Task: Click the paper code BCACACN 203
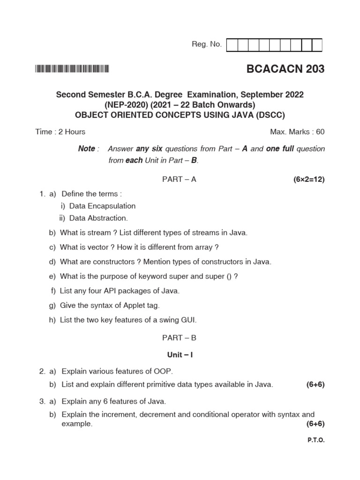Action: coord(285,69)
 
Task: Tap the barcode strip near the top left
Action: coord(72,69)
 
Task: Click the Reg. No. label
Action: coord(207,45)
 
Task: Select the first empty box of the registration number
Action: coord(232,45)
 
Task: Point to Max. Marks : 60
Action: coord(297,132)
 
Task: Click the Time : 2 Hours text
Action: coord(60,132)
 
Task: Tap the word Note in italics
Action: coord(86,149)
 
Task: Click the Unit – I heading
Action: coord(180,355)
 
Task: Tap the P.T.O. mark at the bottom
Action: coord(316,441)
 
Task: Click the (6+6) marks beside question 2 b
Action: coord(315,384)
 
